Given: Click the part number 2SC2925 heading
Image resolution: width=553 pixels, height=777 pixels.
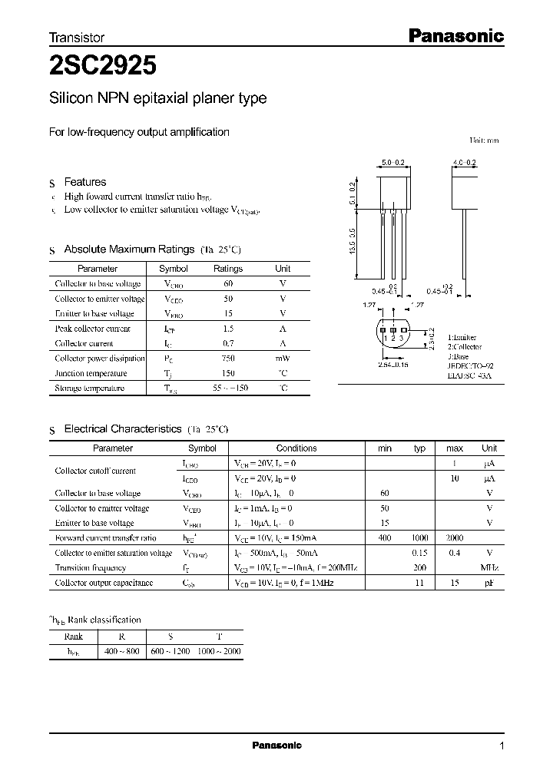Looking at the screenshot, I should [x=103, y=66].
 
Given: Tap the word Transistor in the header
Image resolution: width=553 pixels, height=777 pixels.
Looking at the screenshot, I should [x=77, y=37].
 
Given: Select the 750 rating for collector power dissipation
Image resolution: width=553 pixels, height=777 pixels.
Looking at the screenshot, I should [x=228, y=359].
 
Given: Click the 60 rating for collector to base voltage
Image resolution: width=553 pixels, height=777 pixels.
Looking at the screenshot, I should [x=228, y=284].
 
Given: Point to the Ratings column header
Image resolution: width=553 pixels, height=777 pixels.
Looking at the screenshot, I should [x=228, y=269].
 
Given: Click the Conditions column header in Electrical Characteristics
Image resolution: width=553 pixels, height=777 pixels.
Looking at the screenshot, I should [x=296, y=448].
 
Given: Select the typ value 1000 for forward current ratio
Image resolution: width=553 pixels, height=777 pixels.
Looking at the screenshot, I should [x=420, y=538].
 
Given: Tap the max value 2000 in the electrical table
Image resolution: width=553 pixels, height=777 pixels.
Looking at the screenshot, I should [x=455, y=538].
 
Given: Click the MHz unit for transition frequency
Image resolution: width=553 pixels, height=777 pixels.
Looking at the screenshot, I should [x=489, y=568].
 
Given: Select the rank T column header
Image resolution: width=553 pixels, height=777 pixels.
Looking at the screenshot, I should [x=219, y=636].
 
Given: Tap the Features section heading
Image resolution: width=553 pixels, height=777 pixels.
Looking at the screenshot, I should [x=84, y=182].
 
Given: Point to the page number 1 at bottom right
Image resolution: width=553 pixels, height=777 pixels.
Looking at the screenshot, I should [x=502, y=746].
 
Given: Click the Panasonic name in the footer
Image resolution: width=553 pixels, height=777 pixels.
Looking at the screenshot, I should [x=277, y=746].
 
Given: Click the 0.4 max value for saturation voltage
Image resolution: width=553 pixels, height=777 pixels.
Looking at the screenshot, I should [x=455, y=553].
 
